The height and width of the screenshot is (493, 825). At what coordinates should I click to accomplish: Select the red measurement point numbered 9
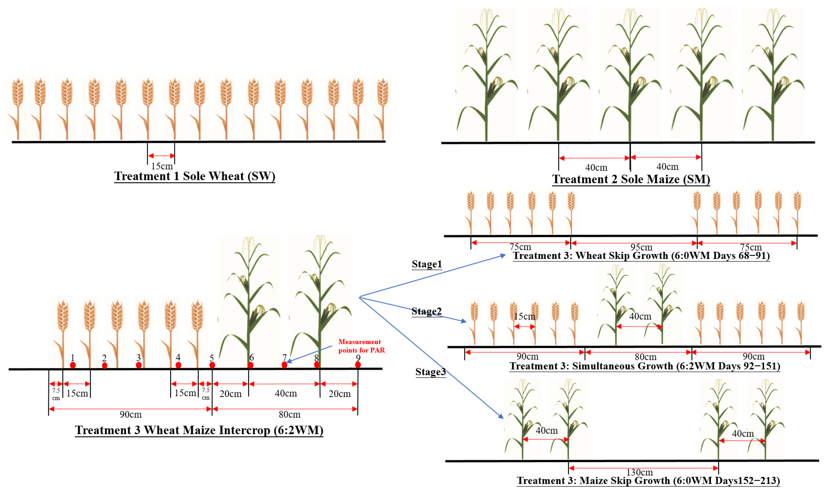point(358,365)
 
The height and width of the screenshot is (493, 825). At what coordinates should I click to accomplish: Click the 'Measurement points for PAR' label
point(361,346)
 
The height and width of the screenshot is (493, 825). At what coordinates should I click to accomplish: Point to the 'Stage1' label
point(427,264)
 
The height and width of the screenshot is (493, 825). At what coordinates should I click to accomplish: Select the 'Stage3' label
point(430,372)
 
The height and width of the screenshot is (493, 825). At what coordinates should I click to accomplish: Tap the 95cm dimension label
point(641,247)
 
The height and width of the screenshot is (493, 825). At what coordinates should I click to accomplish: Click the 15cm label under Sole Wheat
point(162,166)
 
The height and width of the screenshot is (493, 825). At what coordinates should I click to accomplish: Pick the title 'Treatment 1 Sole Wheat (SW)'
point(195,176)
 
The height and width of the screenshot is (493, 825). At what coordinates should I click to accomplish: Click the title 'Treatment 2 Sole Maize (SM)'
point(631,179)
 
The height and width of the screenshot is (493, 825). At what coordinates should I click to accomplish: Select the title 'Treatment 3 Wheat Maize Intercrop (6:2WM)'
point(199,430)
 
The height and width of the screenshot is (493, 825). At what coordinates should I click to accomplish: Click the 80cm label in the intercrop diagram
point(289,414)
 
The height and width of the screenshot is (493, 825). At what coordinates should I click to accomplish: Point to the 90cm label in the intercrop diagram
point(131,414)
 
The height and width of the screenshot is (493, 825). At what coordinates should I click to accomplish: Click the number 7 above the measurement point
point(284,357)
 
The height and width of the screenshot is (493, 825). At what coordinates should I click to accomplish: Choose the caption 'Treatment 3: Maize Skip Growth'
point(648,481)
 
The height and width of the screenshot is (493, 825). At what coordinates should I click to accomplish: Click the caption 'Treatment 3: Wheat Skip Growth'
point(641,256)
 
